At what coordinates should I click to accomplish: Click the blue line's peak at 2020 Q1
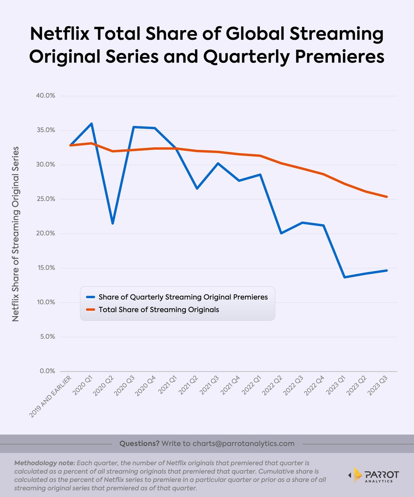91,123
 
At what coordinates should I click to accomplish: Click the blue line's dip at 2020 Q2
112,223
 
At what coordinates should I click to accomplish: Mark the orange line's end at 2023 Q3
387,197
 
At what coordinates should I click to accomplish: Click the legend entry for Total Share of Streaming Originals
158,309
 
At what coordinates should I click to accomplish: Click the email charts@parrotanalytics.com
243,444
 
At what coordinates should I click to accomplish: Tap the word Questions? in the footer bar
139,444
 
